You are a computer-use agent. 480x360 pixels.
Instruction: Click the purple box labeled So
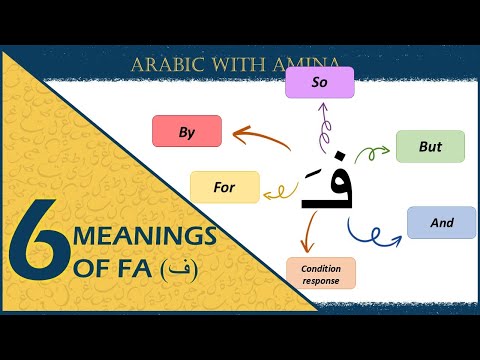pyautogui.click(x=320, y=82)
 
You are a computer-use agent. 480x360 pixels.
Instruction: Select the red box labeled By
pyautogui.click(x=186, y=131)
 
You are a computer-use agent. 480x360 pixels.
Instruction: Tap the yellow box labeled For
pyautogui.click(x=225, y=187)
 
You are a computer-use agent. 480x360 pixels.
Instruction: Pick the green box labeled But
pyautogui.click(x=430, y=146)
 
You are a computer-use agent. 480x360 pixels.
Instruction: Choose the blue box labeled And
pyautogui.click(x=441, y=222)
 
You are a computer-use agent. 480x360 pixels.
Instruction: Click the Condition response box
pyautogui.click(x=321, y=274)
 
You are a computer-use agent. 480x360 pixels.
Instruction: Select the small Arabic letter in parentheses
pyautogui.click(x=179, y=270)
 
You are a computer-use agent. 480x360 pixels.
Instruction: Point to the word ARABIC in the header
pyautogui.click(x=171, y=65)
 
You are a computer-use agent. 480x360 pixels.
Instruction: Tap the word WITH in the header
pyautogui.click(x=239, y=65)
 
